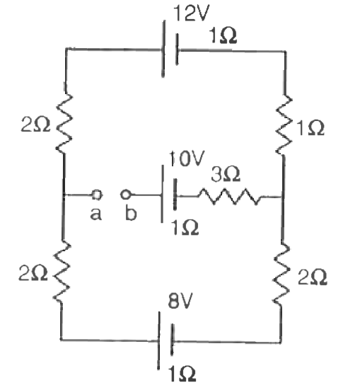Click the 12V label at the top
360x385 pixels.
(x=192, y=13)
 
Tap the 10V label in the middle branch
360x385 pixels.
(x=187, y=159)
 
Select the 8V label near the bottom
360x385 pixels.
(x=180, y=301)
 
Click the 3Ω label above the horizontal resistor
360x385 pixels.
(x=226, y=174)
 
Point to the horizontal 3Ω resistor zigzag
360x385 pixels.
(x=229, y=197)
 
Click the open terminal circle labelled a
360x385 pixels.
(x=97, y=195)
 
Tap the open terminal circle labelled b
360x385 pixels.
(x=125, y=195)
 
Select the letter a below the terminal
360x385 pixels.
(x=95, y=214)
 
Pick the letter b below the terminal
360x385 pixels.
(x=131, y=212)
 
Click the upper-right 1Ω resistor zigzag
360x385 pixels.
(x=284, y=125)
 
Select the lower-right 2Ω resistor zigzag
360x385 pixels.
(x=281, y=275)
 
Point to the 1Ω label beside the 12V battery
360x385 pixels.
(x=223, y=35)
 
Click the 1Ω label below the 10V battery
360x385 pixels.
(x=185, y=227)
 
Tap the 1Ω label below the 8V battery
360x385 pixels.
(x=182, y=374)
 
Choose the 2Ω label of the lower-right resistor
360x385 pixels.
(x=312, y=277)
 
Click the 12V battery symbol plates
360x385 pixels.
(x=170, y=49)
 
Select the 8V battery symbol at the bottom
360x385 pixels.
(x=166, y=340)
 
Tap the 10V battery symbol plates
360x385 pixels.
(x=168, y=194)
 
